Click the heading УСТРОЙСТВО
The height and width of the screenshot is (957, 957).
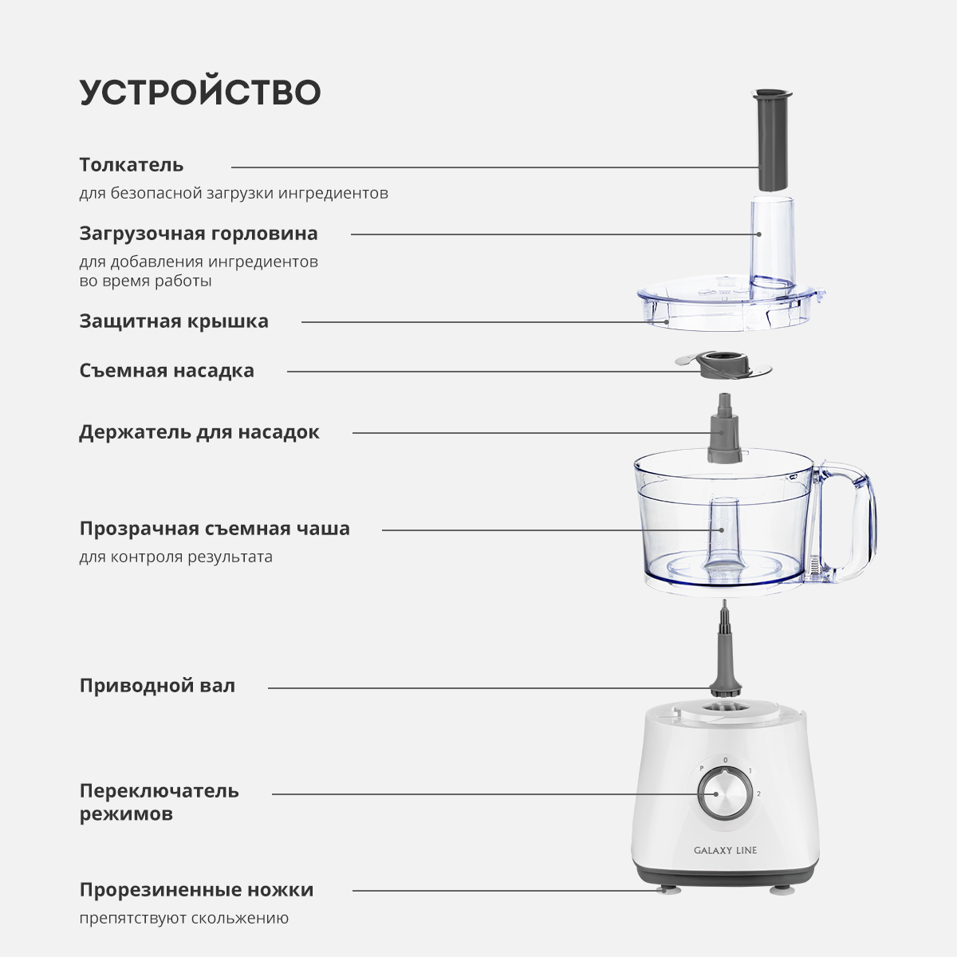(200, 93)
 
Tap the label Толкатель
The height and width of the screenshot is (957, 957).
(132, 165)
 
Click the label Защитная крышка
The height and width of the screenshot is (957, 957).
(174, 321)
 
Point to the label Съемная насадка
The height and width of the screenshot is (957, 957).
(167, 371)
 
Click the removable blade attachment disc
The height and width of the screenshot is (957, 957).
(723, 368)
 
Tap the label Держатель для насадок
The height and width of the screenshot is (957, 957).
(199, 432)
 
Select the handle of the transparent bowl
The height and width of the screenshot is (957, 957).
(847, 522)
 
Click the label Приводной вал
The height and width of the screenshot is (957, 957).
(157, 685)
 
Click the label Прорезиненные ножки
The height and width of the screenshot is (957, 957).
(197, 890)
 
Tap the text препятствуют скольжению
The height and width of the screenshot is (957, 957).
(184, 918)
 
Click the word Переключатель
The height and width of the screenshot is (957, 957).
(159, 790)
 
